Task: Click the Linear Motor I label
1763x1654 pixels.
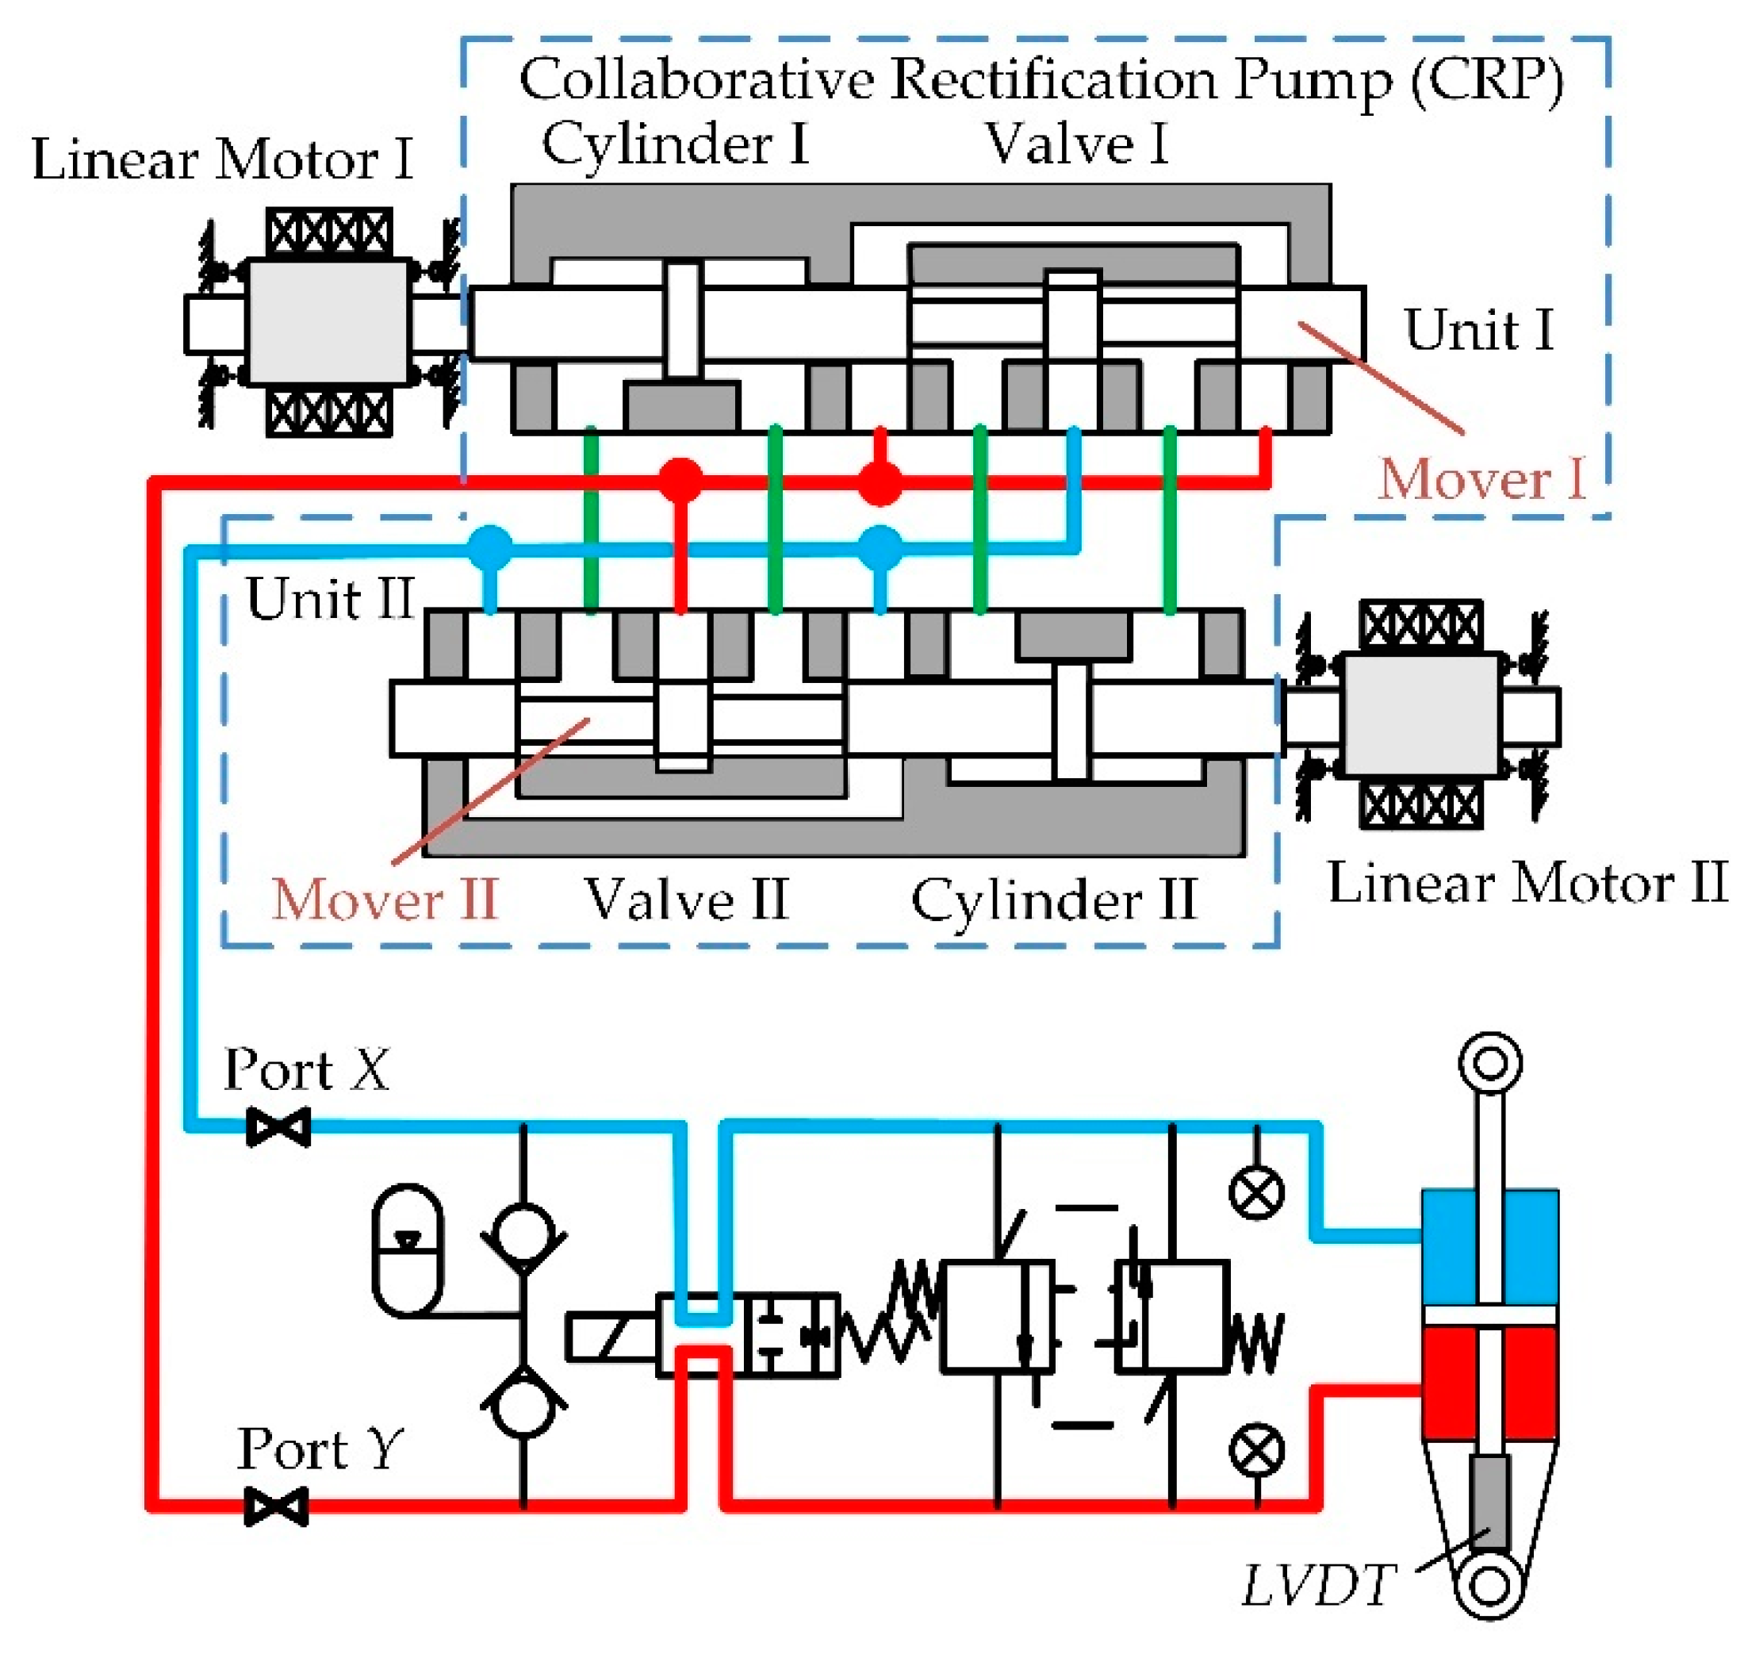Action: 222,160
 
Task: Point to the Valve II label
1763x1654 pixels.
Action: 686,900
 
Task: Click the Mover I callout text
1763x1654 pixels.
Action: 1481,480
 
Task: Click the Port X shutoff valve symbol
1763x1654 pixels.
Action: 278,1127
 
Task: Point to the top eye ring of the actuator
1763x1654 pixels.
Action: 1490,1062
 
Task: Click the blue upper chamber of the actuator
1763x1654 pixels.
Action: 1451,1246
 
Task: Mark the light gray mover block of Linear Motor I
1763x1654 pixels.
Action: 328,321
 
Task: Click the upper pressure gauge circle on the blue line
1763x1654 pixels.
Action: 1257,1193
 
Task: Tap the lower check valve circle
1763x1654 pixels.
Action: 523,1406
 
